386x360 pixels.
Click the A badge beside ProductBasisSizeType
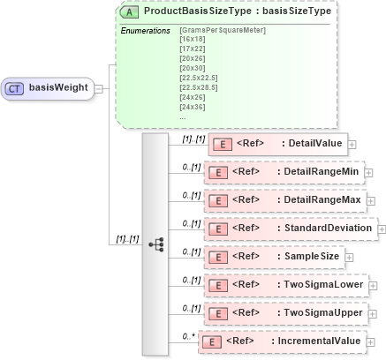click(129, 12)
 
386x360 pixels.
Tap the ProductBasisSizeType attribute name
click(200, 12)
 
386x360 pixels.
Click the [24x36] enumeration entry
click(191, 106)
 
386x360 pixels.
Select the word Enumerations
click(145, 31)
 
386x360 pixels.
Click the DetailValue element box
click(278, 144)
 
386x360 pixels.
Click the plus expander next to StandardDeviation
click(382, 229)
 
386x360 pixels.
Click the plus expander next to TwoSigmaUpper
click(372, 313)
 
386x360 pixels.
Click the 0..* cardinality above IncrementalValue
click(186, 334)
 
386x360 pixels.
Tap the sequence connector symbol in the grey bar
click(155, 243)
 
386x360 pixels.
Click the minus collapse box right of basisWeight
click(100, 88)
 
